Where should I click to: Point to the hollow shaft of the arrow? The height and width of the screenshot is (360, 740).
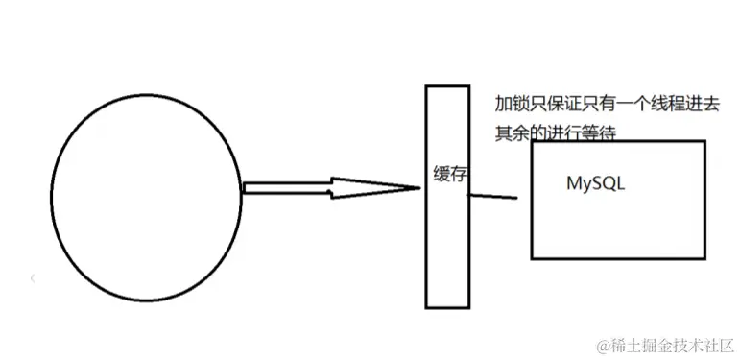pyautogui.click(x=288, y=187)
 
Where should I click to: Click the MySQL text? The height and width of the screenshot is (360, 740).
pyautogui.click(x=595, y=184)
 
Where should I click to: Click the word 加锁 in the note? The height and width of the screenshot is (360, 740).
pyautogui.click(x=508, y=104)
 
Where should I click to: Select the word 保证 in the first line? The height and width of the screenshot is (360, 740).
pyautogui.click(x=556, y=104)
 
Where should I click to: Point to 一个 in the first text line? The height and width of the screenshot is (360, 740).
pyautogui.click(x=621, y=104)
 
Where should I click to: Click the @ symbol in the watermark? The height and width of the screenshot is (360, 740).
pyautogui.click(x=604, y=343)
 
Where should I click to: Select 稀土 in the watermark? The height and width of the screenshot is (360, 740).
pyautogui.click(x=625, y=343)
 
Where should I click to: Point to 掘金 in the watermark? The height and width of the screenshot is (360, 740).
pyautogui.click(x=655, y=343)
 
